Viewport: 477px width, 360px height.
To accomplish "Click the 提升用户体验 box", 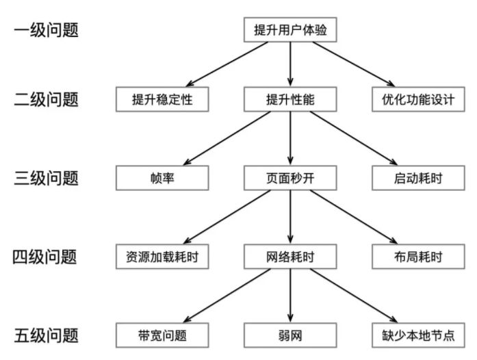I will point(291,31).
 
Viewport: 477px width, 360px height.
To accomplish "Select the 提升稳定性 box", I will point(162,100).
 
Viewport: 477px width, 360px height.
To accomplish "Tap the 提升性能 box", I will point(291,100).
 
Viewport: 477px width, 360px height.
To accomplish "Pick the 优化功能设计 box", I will point(418,100).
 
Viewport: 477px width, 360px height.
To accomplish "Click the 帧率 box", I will point(162,179).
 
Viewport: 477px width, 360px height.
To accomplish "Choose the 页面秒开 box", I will point(291,179).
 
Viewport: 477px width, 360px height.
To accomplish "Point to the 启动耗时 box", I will point(418,179).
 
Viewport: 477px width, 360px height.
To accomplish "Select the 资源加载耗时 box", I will point(162,257).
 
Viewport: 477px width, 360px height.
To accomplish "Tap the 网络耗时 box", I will point(291,257).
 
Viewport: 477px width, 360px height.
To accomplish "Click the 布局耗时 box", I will point(418,257).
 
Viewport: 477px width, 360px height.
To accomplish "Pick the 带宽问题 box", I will point(162,335).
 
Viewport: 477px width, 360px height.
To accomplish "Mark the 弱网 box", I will point(291,335).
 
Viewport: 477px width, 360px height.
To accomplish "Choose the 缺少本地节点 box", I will point(418,335).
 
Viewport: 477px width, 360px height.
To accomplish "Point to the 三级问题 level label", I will point(47,179).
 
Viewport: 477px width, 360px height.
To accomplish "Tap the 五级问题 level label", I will point(47,335).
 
